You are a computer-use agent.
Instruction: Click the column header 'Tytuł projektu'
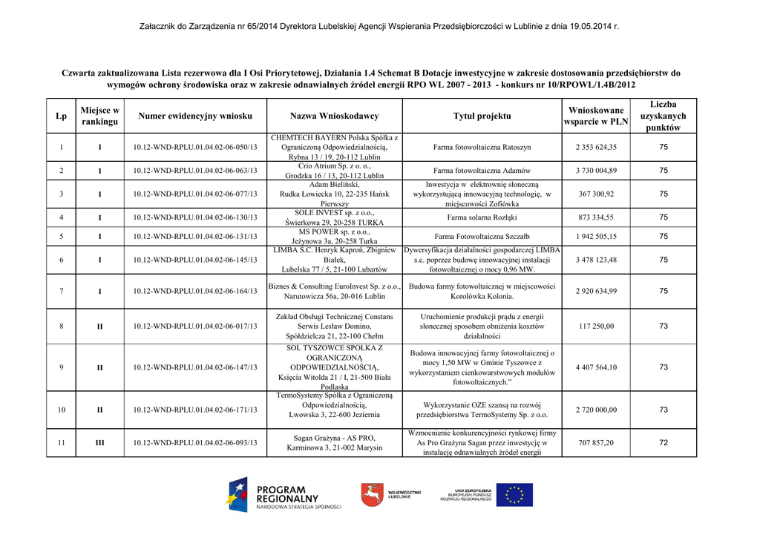click(482, 116)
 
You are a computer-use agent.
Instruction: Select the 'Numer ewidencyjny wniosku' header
click(195, 116)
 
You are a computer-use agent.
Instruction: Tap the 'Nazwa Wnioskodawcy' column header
click(334, 116)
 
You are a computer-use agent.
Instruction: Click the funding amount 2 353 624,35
click(595, 147)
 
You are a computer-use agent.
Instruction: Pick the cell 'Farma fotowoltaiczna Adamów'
click(482, 171)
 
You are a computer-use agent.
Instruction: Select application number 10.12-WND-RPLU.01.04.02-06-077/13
click(195, 194)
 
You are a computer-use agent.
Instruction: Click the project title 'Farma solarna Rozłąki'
click(482, 217)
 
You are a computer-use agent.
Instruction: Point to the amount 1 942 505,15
click(595, 237)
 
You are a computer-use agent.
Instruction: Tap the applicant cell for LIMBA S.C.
click(334, 260)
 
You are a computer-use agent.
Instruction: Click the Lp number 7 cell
click(61, 291)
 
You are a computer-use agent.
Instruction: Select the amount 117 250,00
click(595, 326)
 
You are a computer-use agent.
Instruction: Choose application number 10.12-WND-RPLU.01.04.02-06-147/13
click(195, 367)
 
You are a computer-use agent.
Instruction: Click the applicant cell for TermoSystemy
click(334, 410)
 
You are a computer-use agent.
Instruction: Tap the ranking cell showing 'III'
click(99, 443)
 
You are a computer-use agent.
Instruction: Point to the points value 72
click(663, 443)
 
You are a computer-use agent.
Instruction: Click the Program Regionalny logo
click(281, 495)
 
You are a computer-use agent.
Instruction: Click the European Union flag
click(514, 495)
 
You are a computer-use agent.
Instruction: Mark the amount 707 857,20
click(595, 443)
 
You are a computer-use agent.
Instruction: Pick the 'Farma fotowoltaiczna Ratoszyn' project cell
click(482, 147)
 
